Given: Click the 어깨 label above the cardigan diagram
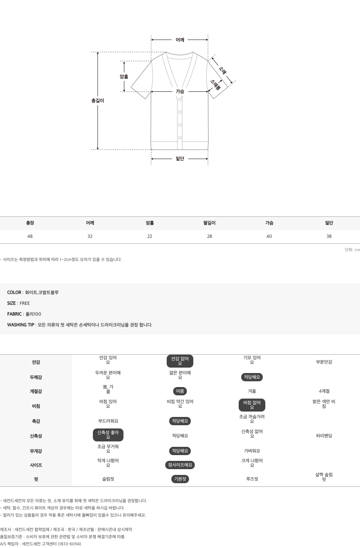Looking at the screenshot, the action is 180,40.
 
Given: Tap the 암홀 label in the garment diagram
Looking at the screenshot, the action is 124,77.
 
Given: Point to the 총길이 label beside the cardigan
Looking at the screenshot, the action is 98,100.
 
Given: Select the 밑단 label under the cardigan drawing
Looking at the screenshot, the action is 180,159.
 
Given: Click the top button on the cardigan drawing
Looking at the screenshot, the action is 180,100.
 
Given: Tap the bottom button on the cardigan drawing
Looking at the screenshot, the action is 180,138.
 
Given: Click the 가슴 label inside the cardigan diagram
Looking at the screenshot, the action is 180,91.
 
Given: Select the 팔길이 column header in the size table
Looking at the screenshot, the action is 210,223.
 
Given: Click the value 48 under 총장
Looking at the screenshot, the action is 30,236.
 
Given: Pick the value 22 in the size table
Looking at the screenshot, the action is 150,236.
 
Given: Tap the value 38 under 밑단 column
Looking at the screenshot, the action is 329,236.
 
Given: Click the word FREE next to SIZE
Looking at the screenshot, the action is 25,304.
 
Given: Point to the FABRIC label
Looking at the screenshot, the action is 14,314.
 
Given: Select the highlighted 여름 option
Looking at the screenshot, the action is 180,391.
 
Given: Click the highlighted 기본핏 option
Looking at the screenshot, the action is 180,479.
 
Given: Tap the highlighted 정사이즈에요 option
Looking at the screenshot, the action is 180,465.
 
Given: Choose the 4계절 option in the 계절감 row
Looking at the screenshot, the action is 324,391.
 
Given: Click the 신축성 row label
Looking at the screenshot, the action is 36,436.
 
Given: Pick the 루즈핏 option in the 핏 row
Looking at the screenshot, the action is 252,479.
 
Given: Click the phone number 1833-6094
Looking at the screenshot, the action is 69,544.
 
